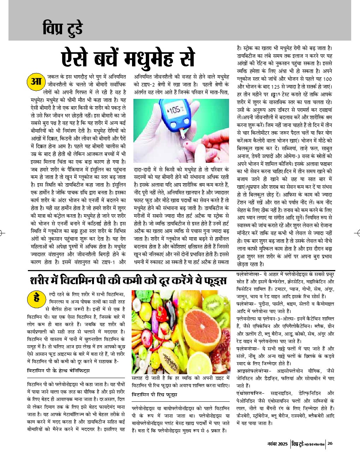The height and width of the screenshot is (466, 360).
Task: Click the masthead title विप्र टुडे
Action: [x=62, y=28]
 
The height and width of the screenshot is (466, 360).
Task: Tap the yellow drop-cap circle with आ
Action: [x=36, y=82]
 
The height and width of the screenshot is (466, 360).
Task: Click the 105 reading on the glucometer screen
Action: [x=175, y=110]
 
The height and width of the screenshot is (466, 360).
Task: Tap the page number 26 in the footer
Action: [x=330, y=443]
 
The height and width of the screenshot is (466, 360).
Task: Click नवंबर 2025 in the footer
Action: [x=277, y=444]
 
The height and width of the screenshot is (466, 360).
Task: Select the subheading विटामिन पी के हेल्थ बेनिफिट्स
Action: [x=58, y=371]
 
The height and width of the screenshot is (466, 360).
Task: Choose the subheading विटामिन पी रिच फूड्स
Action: [x=154, y=394]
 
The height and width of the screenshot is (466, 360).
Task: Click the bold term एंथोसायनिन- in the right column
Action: [x=250, y=393]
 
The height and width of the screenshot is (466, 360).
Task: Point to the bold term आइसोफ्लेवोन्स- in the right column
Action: [x=254, y=371]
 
